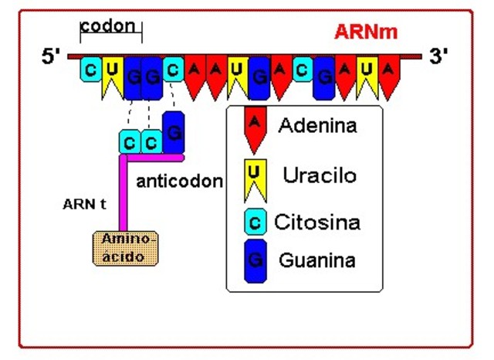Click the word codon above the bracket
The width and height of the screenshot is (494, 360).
coord(111,26)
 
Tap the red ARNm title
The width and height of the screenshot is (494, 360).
coord(365,32)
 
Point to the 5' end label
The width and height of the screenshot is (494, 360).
coord(52,57)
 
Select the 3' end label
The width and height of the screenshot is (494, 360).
coord(438,56)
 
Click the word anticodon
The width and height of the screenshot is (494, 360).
coord(179,182)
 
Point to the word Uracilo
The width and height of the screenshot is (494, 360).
coord(320,175)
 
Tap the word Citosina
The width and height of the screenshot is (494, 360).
coord(317,223)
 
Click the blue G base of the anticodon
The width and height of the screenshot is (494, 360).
coord(174,132)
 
